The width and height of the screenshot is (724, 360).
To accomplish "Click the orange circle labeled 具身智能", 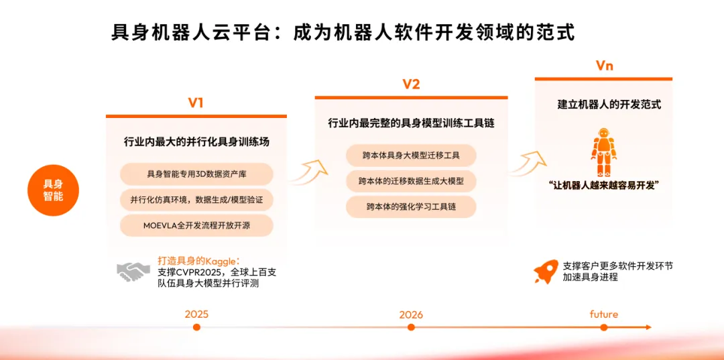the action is pyautogui.click(x=54, y=190).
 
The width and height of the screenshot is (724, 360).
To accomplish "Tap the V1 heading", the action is pyautogui.click(x=196, y=103).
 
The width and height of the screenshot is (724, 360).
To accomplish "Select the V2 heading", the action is pyautogui.click(x=411, y=84).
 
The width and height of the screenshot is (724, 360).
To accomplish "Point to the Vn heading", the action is pyautogui.click(x=605, y=66).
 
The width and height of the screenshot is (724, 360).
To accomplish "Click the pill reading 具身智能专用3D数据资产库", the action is pyautogui.click(x=196, y=174).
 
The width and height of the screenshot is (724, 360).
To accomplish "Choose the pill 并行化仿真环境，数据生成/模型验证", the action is pyautogui.click(x=196, y=200).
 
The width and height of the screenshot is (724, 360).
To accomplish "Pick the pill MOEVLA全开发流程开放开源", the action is pyautogui.click(x=196, y=226).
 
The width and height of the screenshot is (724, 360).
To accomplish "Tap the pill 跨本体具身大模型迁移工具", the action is pyautogui.click(x=411, y=156).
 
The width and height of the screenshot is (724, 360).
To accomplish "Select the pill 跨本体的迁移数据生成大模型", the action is pyautogui.click(x=411, y=182).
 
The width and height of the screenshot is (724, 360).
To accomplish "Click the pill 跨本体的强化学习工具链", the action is pyautogui.click(x=411, y=206).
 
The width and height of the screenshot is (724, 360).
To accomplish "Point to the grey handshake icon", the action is pyautogui.click(x=133, y=272).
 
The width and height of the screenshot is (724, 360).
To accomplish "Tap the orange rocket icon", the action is pyautogui.click(x=545, y=272).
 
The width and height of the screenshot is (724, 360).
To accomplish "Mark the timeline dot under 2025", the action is pyautogui.click(x=196, y=327).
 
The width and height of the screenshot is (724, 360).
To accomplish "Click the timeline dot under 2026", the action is pyautogui.click(x=411, y=327).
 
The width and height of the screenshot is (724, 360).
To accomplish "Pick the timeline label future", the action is pyautogui.click(x=603, y=314).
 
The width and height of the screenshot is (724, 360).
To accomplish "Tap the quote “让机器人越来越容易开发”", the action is pyautogui.click(x=603, y=185).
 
